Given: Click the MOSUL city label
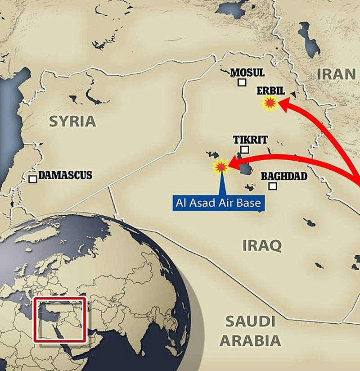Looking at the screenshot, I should (247, 72).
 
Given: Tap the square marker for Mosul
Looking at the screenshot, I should (242, 82).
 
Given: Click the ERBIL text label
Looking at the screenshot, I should (270, 90).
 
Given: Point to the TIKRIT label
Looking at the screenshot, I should (250, 140).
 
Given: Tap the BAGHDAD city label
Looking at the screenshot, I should (283, 176).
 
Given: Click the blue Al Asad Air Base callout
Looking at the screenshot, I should (218, 203).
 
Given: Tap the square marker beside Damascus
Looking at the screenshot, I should (32, 179).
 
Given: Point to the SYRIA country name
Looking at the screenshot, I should (72, 121).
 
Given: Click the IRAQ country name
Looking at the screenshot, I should (262, 246).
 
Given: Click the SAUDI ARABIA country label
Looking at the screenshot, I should (250, 331).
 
